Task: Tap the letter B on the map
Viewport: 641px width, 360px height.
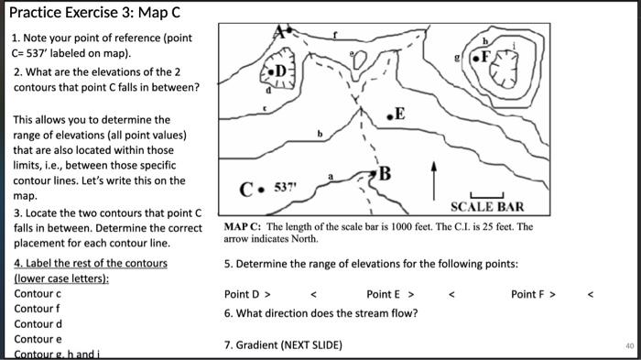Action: [385, 172]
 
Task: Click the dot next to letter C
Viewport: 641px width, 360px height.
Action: [260, 192]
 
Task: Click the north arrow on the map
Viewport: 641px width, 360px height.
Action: [433, 180]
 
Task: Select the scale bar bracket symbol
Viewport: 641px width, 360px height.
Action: [482, 195]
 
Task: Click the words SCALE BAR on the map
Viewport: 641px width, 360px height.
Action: [486, 208]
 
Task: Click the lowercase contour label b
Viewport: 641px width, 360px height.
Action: [320, 134]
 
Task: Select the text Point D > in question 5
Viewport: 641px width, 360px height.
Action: [247, 294]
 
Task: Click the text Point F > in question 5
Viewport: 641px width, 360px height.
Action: [534, 294]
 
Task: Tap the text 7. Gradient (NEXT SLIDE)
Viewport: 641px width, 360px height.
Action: [283, 344]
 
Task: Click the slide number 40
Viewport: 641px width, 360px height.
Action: [629, 345]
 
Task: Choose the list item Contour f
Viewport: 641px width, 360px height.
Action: [38, 309]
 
